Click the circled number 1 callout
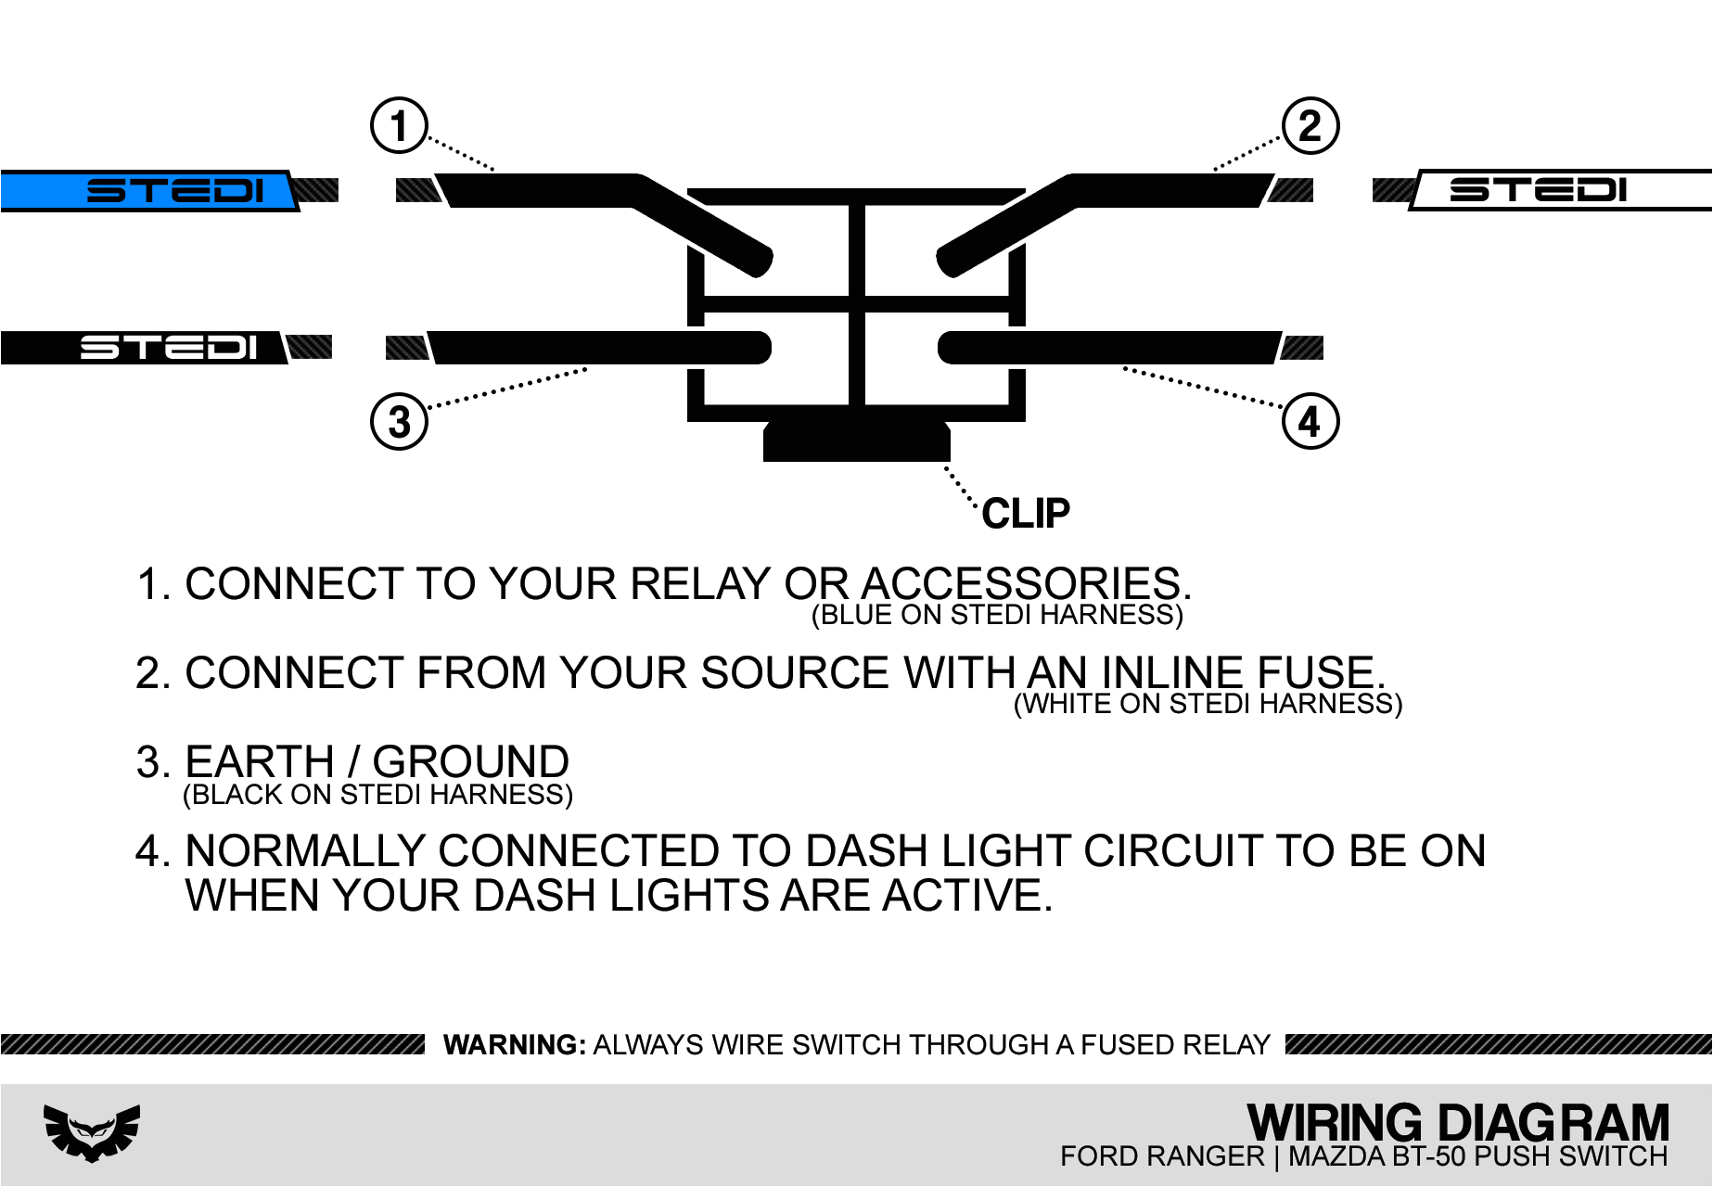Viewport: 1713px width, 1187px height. coord(399,126)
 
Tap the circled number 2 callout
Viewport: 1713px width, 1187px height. coord(1310,126)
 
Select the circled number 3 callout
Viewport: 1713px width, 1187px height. coord(399,422)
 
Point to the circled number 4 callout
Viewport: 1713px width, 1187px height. coord(1310,422)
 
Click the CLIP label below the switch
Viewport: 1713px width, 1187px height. coord(1025,514)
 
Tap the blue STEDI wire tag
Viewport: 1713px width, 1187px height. coord(148,191)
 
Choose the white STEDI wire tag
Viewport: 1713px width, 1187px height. coord(1558,190)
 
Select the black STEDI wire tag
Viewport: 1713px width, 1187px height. coord(144,348)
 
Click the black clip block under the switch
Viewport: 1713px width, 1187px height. coord(856,441)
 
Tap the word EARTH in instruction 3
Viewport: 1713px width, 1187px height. coord(260,761)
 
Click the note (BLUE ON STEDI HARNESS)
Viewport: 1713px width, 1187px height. coord(997,615)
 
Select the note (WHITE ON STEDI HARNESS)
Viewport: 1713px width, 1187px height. coord(1208,704)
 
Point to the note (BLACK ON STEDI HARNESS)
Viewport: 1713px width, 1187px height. coord(377,795)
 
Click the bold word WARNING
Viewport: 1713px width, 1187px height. coord(514,1045)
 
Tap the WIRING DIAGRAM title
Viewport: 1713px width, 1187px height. coord(1457,1122)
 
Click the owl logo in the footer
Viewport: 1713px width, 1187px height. coord(92,1131)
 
